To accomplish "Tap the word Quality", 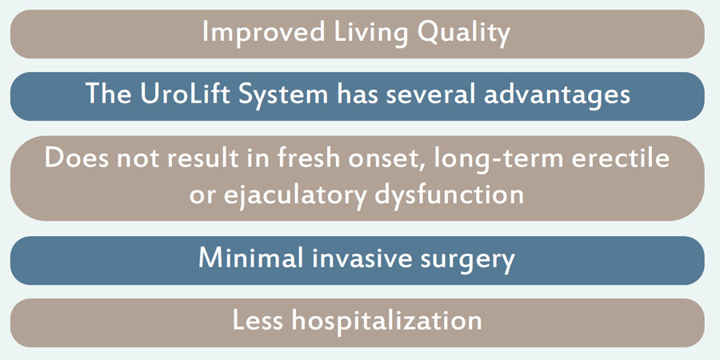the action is coord(465,34).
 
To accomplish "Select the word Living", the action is coord(369,34).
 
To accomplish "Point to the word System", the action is coord(282,96).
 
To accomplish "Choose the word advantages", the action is coord(557,96).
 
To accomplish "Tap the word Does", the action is coord(76,158).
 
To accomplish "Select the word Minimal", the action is coord(250,258).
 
